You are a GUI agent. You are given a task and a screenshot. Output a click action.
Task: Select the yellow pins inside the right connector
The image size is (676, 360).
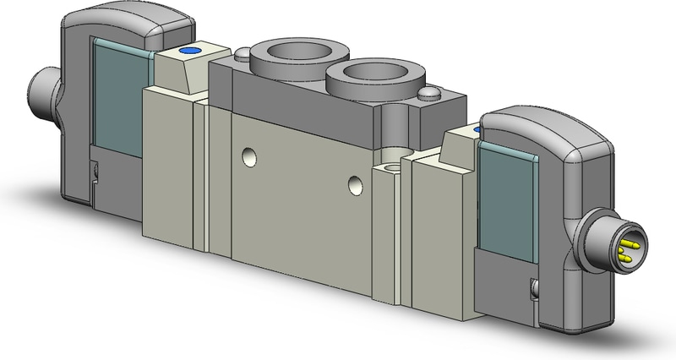[630, 248]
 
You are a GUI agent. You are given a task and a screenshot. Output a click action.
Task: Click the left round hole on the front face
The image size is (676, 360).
[247, 155]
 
